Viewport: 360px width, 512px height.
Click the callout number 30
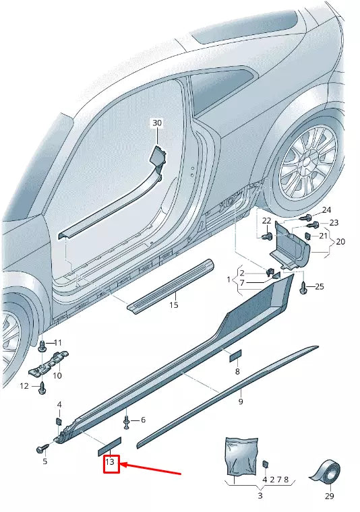157,123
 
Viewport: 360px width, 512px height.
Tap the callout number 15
174,305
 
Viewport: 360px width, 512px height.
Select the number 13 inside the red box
111,463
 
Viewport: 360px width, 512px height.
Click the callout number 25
319,287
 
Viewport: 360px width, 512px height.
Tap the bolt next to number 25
302,287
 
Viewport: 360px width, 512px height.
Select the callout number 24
326,210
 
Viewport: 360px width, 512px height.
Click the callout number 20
340,241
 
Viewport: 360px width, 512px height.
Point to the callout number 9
241,402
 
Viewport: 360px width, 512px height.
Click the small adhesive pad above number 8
234,354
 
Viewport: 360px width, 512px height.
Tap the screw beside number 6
127,422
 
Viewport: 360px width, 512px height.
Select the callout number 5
45,461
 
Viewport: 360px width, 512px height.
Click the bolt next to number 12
42,387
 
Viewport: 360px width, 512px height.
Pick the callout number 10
57,375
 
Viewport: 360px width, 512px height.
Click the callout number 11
57,343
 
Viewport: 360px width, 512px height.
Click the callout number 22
266,221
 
